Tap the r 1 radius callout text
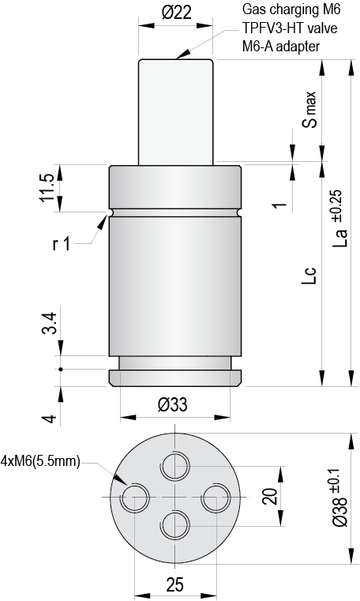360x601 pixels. [62, 244]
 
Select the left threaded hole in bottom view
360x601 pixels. [135, 498]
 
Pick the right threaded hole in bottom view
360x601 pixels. [215, 498]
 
